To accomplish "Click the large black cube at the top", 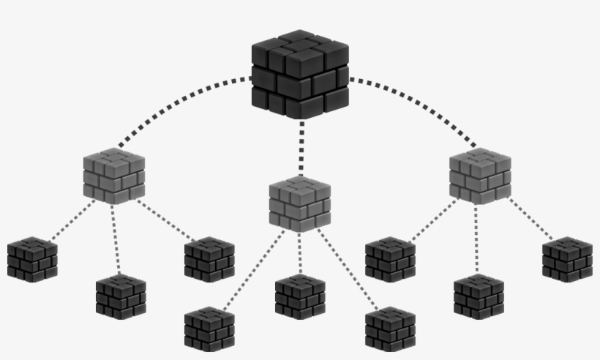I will pos(300,75).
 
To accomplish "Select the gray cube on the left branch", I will pos(113,176).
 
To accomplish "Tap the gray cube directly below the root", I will pos(299,204).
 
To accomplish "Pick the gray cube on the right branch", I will pos(480,176).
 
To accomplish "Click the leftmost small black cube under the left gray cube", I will pos(32,260).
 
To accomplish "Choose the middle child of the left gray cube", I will pos(121,296).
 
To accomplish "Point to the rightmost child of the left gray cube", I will pos(209,260).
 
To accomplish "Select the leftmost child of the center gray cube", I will pos(209,329).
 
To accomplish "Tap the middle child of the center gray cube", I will pos(300,296).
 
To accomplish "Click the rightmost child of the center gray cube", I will pos(390,329).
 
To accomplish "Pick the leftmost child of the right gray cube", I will pos(390,260).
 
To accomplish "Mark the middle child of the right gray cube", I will pos(479,296).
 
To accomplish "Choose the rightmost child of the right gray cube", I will pos(567,260).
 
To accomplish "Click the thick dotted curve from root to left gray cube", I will pos(176,102).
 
